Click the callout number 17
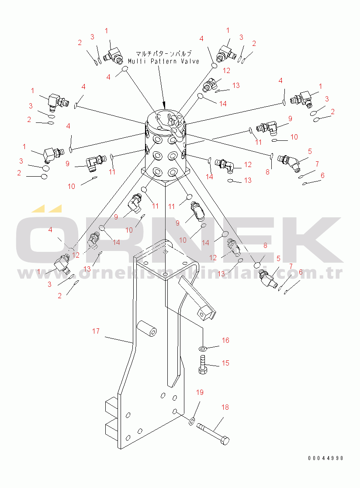(x=96, y=331)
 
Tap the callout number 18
(x=225, y=407)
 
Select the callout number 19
(x=200, y=392)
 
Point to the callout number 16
(x=225, y=340)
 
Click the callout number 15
(x=225, y=363)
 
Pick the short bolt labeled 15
(x=203, y=364)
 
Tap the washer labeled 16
(x=203, y=348)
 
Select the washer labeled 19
(x=191, y=422)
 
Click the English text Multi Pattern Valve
(x=164, y=62)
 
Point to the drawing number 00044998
(x=325, y=458)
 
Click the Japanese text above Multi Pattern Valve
(x=164, y=53)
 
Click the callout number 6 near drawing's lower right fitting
(x=301, y=272)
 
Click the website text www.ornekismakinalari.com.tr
(x=180, y=273)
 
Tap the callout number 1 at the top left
(x=106, y=31)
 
